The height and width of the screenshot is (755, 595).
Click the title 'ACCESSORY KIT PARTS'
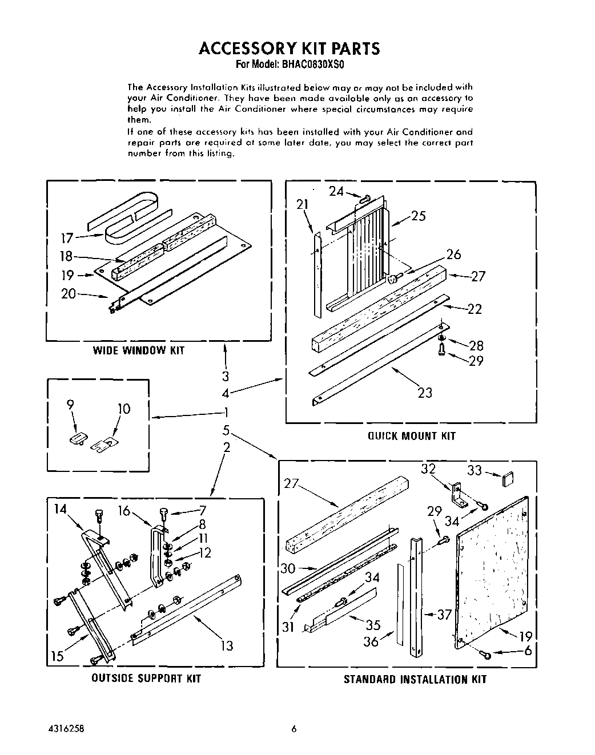coord(289,49)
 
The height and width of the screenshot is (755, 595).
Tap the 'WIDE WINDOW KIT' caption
coord(138,350)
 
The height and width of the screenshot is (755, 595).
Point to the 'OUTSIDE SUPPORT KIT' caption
coord(146,679)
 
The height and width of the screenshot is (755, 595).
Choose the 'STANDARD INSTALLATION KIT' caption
coord(415,679)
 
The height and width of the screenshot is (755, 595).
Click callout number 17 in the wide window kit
coord(67,237)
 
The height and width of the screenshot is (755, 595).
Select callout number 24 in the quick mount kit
coord(336,191)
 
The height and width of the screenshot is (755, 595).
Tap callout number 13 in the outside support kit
coord(227,645)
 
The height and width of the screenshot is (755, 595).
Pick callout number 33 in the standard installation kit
coord(475,471)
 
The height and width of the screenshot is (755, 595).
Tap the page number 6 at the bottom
coord(294,729)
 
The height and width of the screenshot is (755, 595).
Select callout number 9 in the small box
coord(70,405)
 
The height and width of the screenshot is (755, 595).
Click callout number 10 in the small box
coord(123,409)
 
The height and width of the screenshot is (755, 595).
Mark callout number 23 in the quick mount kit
coord(425,393)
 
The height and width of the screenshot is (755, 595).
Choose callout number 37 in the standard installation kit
coord(444,614)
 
